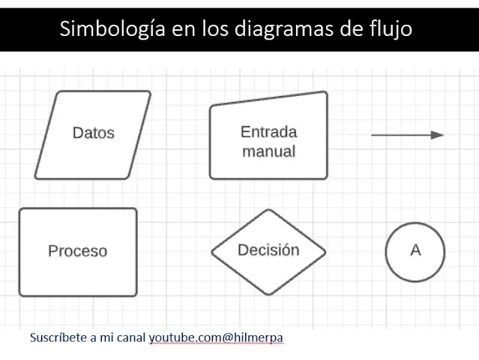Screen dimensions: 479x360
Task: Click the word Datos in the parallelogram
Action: tap(94, 133)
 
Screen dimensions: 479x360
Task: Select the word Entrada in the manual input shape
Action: tap(269, 132)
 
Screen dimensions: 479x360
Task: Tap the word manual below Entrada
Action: tap(269, 151)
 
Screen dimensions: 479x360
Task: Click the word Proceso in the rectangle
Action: tap(78, 251)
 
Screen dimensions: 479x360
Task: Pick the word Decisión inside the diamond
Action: tap(268, 250)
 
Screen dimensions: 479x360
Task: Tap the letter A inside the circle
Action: tap(415, 250)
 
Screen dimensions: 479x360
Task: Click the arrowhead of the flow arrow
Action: tap(437, 135)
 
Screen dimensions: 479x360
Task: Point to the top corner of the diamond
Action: tap(268, 210)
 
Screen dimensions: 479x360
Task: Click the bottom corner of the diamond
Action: tap(268, 294)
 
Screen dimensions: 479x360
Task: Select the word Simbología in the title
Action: tap(112, 29)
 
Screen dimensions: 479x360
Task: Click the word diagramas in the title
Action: tap(284, 29)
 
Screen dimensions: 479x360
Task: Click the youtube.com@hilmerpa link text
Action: tap(216, 338)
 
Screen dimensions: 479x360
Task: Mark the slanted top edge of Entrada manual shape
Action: tap(269, 98)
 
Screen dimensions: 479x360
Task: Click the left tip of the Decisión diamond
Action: tap(211, 252)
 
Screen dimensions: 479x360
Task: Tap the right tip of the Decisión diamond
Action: tap(325, 252)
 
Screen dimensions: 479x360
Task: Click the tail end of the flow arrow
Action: tap(372, 135)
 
